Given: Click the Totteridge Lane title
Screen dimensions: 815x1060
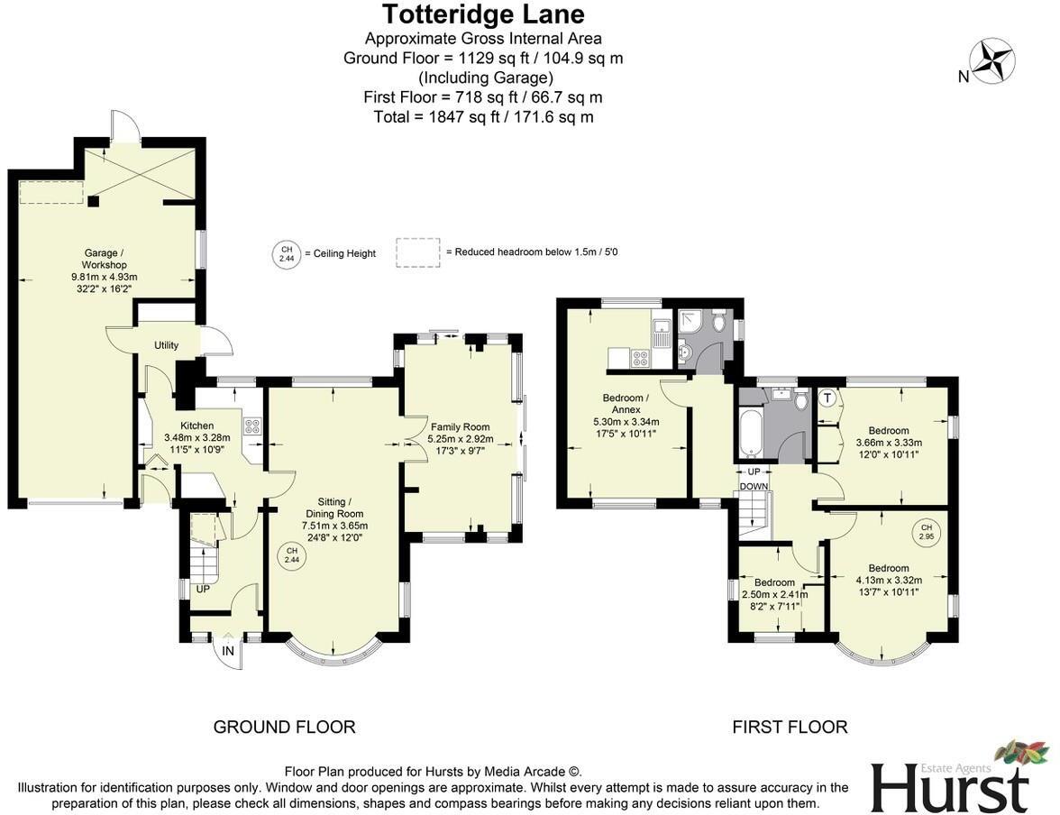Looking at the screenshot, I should coord(482,14).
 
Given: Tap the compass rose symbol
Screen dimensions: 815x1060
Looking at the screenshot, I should coord(992,60).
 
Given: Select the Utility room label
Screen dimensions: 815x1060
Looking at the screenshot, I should coord(167,345).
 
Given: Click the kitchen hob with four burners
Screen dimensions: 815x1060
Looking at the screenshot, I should coord(251,426).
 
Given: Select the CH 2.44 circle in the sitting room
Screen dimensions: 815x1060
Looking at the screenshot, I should coord(291,555).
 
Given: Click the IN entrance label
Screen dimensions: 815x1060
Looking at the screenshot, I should coord(228,651).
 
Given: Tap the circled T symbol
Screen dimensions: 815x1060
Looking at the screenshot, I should coord(827,398).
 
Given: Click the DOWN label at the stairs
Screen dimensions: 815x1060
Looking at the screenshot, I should coord(754,487).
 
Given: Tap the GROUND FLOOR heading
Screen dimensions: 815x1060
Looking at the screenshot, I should coord(284,727).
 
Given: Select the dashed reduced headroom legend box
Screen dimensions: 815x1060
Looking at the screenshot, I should coord(417,252).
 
